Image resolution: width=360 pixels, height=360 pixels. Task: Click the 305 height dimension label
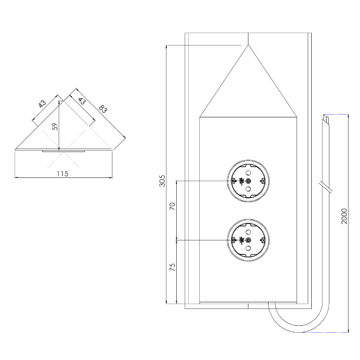point(162,181)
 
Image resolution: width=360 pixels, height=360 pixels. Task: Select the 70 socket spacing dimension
point(172,206)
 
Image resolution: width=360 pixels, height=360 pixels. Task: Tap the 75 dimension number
point(172,267)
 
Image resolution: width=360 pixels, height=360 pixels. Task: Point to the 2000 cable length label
point(344,216)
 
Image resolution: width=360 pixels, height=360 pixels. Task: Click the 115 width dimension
point(62,174)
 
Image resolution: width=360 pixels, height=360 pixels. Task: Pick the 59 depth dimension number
point(55,126)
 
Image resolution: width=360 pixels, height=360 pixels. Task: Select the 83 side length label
point(103,109)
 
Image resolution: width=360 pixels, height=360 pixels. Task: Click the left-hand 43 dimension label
point(42,104)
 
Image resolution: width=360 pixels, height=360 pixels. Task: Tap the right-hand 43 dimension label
point(82,101)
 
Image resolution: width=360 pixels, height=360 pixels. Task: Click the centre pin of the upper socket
point(248,181)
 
